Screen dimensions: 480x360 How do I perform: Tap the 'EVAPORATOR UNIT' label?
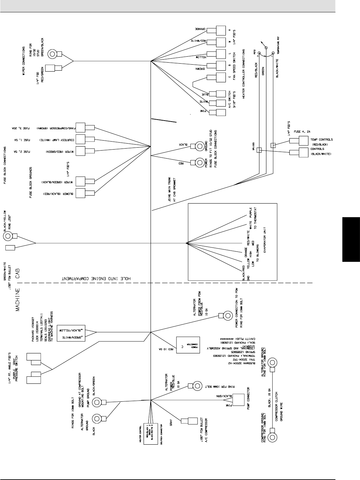pyautogui.click(x=265, y=240)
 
